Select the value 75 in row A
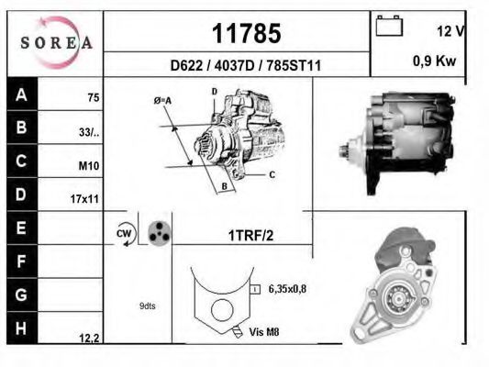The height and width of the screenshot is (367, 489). click(x=93, y=96)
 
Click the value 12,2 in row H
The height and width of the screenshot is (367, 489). click(x=89, y=338)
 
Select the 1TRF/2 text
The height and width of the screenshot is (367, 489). click(x=250, y=235)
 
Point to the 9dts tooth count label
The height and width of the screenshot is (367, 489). click(x=147, y=306)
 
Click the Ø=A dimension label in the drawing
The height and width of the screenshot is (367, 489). click(x=162, y=98)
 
